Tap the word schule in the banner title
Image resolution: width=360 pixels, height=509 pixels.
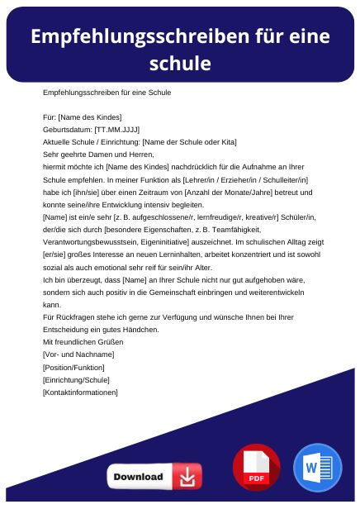(180, 63)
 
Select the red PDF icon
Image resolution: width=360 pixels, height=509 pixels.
(257, 468)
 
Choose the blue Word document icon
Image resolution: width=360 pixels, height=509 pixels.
(317, 468)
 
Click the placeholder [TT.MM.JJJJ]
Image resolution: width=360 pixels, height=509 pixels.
(117, 130)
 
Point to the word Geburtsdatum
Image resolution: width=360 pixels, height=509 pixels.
(67, 130)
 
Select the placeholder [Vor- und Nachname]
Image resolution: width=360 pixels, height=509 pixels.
(78, 354)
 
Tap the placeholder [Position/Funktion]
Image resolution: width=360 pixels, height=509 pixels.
(73, 367)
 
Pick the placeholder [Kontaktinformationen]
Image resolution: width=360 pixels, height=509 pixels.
(80, 392)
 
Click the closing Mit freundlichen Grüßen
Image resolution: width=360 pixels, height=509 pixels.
(83, 342)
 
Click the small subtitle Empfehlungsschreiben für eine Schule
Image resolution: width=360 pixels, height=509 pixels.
(107, 93)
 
